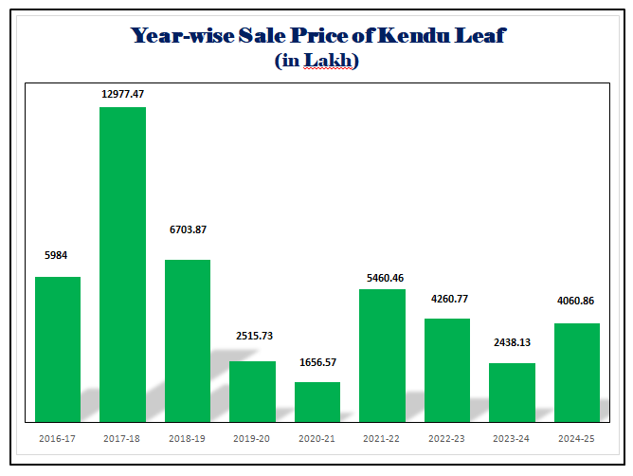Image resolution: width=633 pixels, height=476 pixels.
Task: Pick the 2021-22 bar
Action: tap(382, 355)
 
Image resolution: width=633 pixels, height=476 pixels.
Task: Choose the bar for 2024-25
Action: tap(576, 372)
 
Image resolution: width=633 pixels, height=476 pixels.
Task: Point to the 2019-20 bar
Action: tap(252, 391)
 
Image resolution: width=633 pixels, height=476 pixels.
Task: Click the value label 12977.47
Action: tap(123, 94)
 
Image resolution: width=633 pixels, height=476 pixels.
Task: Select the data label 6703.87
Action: tap(188, 229)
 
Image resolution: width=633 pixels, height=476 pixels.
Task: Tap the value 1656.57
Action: tap(317, 362)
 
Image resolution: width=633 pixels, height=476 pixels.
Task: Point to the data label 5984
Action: tap(57, 255)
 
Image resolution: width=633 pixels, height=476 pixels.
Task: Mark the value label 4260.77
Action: tap(447, 300)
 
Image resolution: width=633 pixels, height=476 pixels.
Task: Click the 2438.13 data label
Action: tap(512, 342)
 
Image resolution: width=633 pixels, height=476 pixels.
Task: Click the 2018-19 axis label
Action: tap(188, 438)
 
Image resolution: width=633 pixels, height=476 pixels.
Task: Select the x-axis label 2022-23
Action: tap(447, 438)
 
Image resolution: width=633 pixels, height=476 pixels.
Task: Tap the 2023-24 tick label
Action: tap(512, 438)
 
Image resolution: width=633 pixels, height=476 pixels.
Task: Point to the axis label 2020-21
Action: tap(317, 438)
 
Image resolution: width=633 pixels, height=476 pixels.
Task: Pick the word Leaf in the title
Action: tap(480, 36)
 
